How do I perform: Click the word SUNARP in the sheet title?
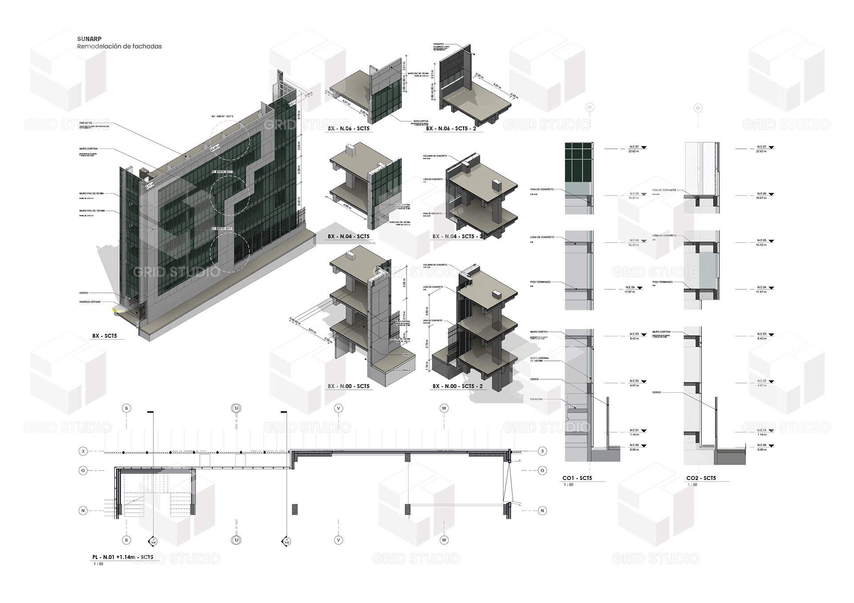point(89,39)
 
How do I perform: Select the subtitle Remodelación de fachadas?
point(119,46)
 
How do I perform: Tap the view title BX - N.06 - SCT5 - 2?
point(451,128)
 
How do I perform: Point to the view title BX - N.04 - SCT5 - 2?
point(457,236)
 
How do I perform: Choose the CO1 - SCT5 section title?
point(577,478)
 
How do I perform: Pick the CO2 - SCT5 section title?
point(701,478)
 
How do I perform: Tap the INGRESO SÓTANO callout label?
point(90,302)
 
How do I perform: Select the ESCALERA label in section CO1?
point(536,399)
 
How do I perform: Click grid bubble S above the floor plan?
point(127,408)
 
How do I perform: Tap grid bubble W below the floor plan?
point(444,540)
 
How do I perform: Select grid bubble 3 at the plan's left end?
point(83,451)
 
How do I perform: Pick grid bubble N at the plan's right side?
point(542,511)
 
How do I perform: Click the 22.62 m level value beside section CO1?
point(633,152)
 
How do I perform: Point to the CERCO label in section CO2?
point(657,392)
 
